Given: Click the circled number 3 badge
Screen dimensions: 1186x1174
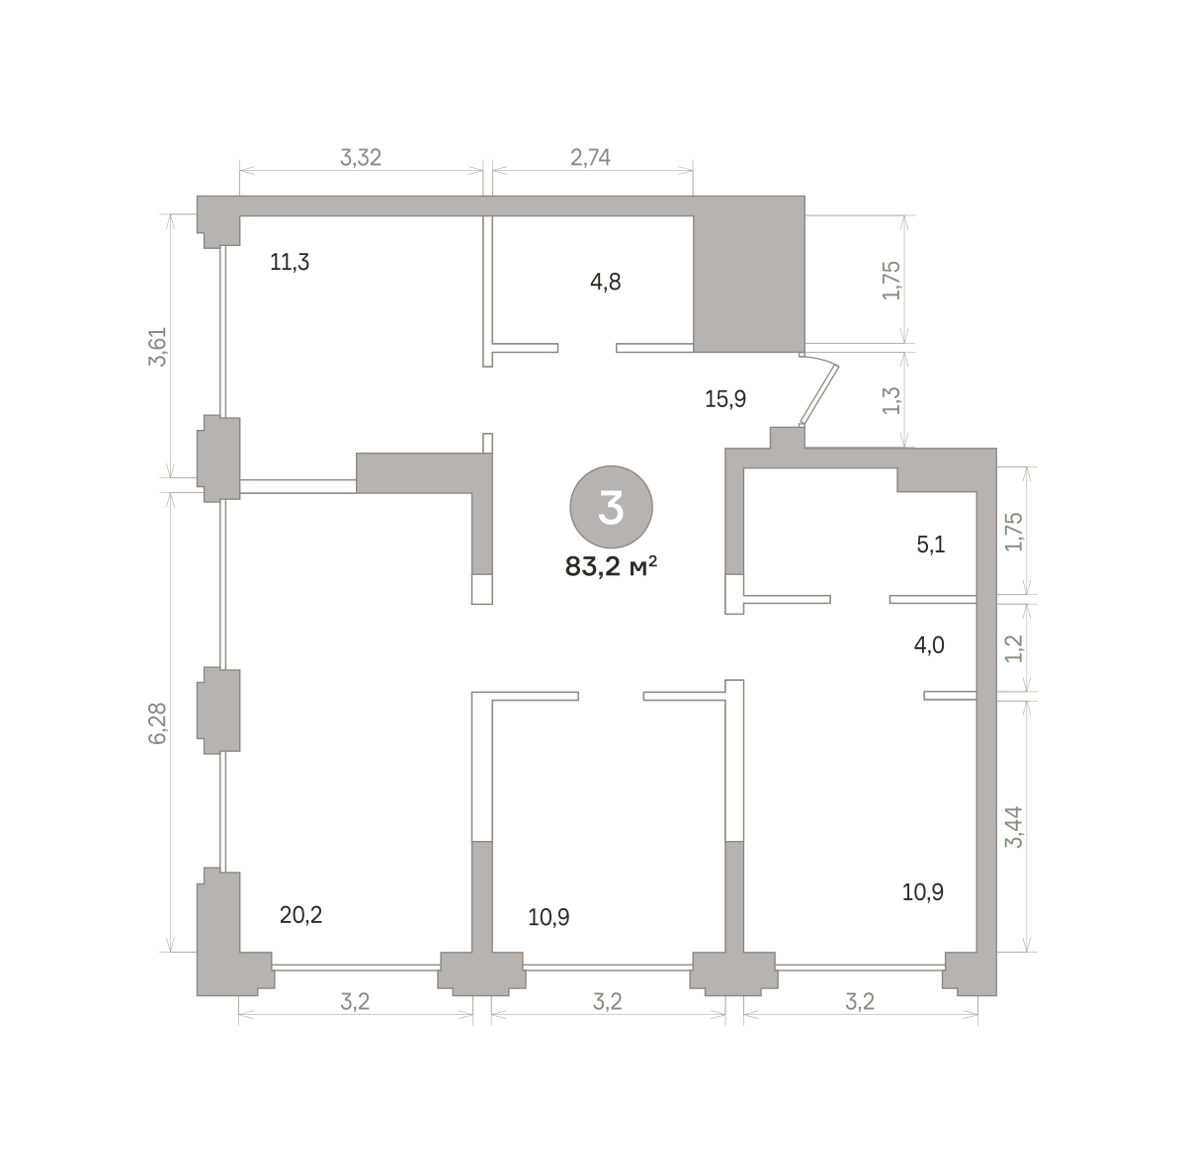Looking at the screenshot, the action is click(611, 507).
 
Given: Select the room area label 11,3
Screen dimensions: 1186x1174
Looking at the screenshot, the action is click(290, 262).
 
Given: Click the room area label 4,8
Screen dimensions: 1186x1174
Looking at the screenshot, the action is click(605, 282).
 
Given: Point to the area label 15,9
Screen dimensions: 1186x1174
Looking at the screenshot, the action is click(725, 399).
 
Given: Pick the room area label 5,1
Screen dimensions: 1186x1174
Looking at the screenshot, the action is click(931, 545).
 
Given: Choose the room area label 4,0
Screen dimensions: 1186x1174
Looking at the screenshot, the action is click(929, 645).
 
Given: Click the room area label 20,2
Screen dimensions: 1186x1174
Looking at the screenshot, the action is click(300, 915).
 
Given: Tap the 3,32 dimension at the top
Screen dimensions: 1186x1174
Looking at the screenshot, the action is click(361, 157).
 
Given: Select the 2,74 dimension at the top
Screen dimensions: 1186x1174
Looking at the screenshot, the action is click(590, 157).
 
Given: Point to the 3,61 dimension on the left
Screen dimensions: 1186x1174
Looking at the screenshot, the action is click(158, 347).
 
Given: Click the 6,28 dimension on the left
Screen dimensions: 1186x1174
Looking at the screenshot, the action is click(158, 722).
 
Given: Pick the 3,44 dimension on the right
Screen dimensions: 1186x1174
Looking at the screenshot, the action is click(1013, 826).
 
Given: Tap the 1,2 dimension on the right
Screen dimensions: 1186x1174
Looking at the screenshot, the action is click(1013, 647).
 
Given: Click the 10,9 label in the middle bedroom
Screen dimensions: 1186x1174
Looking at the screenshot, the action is click(549, 917).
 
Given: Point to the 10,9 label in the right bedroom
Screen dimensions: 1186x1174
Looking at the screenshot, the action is click(922, 891).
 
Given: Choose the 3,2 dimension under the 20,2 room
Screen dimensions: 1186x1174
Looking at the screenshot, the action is click(355, 1002).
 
